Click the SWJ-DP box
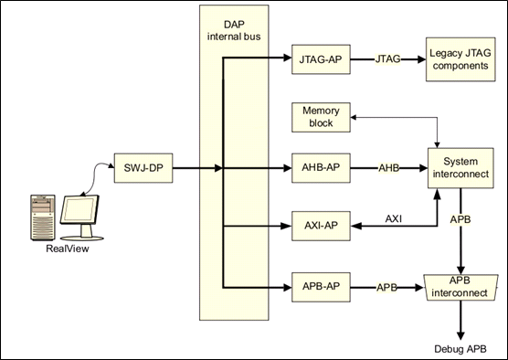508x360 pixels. click(x=143, y=168)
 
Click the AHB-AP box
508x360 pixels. click(x=320, y=168)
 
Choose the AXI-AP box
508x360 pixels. click(x=320, y=226)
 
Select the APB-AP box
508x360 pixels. click(x=320, y=287)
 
